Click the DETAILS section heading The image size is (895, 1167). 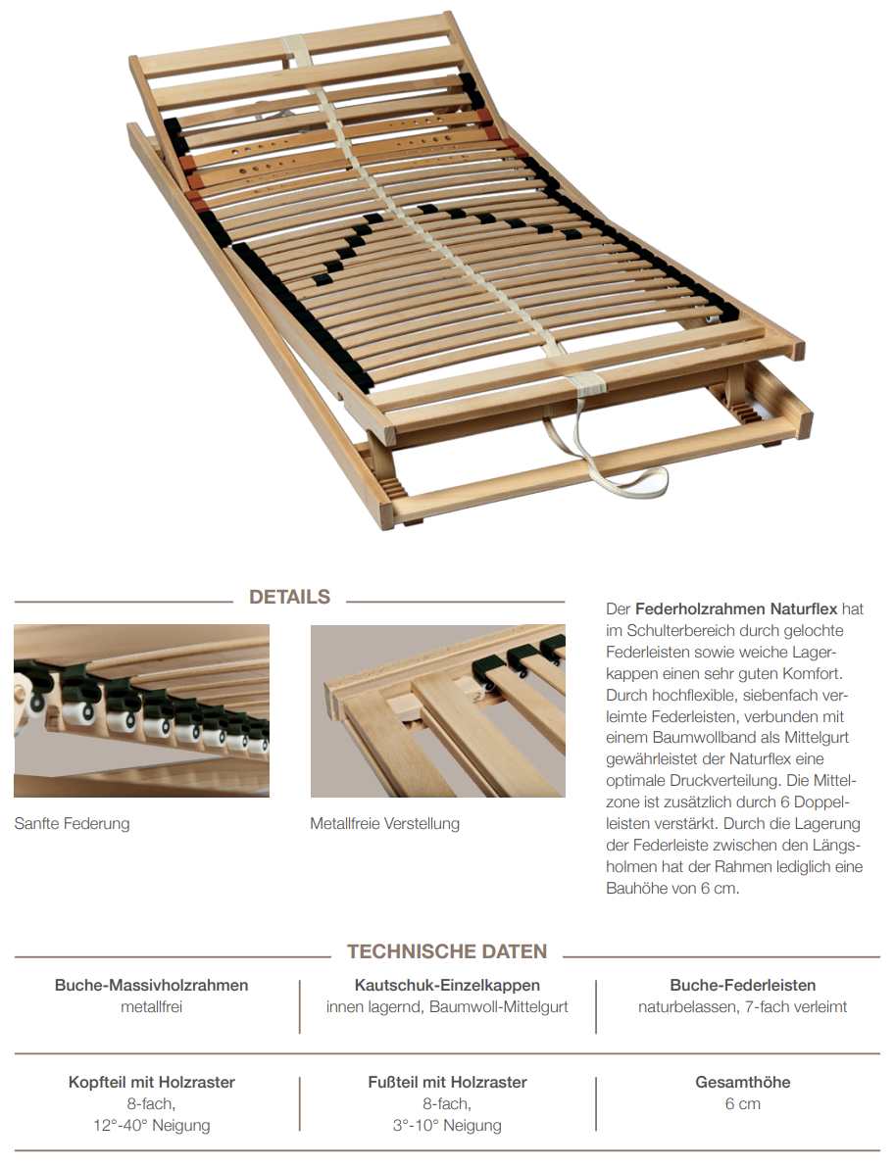289,597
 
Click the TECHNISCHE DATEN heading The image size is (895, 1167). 446,951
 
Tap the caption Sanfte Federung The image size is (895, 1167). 72,823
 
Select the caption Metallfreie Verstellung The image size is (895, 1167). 384,823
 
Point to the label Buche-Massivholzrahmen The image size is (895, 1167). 152,985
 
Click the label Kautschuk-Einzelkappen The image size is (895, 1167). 447,985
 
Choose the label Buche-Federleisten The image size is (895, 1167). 742,985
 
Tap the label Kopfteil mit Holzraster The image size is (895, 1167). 152,1083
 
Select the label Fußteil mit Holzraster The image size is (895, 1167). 447,1083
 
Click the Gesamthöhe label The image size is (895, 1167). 742,1083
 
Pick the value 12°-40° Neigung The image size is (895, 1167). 152,1126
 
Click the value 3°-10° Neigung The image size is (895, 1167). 447,1126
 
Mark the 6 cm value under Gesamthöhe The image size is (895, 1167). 742,1104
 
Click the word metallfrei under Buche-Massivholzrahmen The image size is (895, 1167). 152,1006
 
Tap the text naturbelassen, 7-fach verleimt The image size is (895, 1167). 742,1006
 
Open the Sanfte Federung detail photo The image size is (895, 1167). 141,711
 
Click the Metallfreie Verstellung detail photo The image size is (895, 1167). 437,711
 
